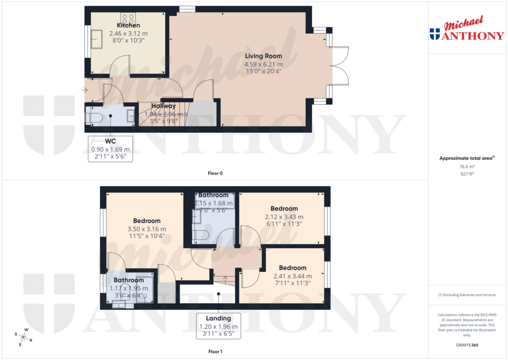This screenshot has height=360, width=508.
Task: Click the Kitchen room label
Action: pos(128,25)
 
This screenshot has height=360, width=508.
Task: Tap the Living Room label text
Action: pos(263,56)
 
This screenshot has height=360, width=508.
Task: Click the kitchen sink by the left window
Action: pos(96,39)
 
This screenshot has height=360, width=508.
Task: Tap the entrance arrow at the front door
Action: pos(85,90)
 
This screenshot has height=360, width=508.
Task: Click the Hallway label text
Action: pos(163,106)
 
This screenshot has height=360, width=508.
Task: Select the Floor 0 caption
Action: pos(215,173)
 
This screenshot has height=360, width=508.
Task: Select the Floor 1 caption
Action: pos(215,352)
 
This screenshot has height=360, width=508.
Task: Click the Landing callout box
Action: pos(219,326)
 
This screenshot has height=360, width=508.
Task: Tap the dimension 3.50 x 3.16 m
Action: pos(146,229)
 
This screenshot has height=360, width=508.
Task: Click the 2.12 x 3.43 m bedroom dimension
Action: pos(284,216)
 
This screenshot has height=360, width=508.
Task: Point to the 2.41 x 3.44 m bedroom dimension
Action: pos(292,276)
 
